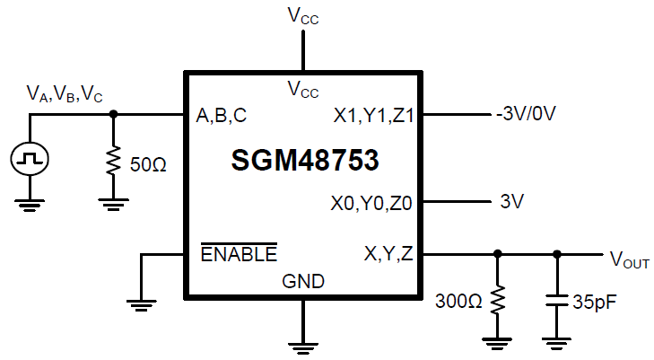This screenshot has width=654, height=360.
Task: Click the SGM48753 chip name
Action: point(304,161)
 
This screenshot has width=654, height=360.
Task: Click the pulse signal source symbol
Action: point(30,160)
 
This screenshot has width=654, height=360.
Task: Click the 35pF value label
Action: point(594,300)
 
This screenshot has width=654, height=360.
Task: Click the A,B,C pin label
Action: point(222,115)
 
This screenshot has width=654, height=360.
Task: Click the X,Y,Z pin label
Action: point(388,254)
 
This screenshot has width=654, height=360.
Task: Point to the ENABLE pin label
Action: point(238,254)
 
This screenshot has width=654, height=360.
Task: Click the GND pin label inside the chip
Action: point(303,281)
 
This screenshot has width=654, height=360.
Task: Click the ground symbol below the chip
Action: point(303,342)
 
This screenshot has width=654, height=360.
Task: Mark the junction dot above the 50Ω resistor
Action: point(113,115)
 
